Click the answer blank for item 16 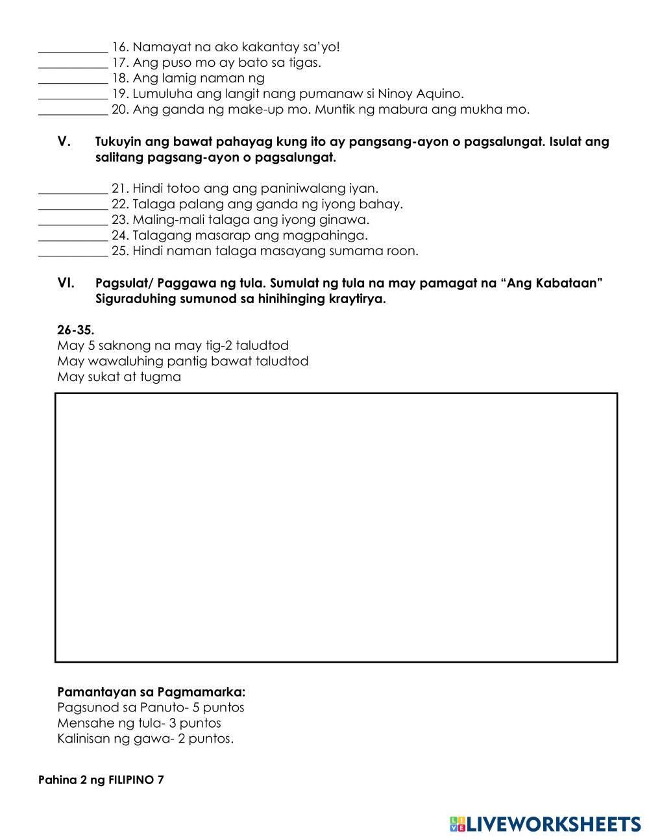click(x=73, y=48)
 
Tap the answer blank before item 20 click(x=73, y=110)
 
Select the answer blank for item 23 click(x=73, y=221)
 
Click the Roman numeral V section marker click(x=64, y=142)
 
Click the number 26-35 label click(x=75, y=330)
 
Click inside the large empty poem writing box click(x=336, y=527)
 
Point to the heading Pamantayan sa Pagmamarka click(x=151, y=692)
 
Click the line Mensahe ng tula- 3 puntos click(x=139, y=723)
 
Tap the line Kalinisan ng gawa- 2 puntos click(x=145, y=739)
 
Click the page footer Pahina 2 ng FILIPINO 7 click(x=101, y=780)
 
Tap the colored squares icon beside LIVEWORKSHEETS click(x=457, y=824)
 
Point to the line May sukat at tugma click(x=119, y=377)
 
